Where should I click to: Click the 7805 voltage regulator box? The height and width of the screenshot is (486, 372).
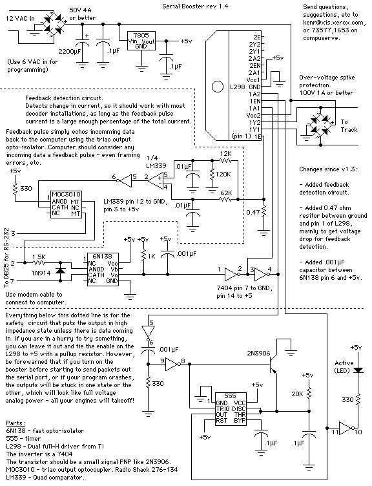pyautogui.click(x=141, y=41)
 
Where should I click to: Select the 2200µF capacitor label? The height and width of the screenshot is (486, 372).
pyautogui.click(x=69, y=51)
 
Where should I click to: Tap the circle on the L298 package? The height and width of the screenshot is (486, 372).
pyautogui.click(x=218, y=87)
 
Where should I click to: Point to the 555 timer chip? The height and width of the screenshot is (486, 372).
pyautogui.click(x=231, y=409)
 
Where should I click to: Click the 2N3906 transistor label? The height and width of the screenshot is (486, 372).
pyautogui.click(x=258, y=354)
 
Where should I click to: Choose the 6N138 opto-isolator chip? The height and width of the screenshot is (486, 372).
pyautogui.click(x=103, y=269)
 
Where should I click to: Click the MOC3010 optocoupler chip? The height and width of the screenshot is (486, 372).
pyautogui.click(x=66, y=204)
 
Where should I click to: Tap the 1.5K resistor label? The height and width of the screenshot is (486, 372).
pyautogui.click(x=39, y=257)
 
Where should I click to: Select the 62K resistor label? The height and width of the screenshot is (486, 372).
pyautogui.click(x=226, y=193)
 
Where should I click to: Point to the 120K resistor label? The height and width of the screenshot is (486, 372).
pyautogui.click(x=223, y=174)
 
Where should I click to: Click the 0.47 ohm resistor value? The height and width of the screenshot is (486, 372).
pyautogui.click(x=253, y=213)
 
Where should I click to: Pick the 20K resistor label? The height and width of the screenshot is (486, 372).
pyautogui.click(x=297, y=394)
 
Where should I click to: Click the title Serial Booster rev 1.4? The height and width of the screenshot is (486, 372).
pyautogui.click(x=195, y=6)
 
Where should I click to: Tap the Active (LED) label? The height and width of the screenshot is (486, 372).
pyautogui.click(x=344, y=366)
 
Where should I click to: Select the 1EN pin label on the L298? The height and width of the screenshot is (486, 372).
pyautogui.click(x=255, y=101)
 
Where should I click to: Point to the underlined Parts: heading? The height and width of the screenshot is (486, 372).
pyautogui.click(x=15, y=423)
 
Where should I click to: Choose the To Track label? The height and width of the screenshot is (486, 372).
pyautogui.click(x=349, y=126)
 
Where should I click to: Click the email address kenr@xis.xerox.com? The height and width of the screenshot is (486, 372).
pyautogui.click(x=333, y=23)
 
